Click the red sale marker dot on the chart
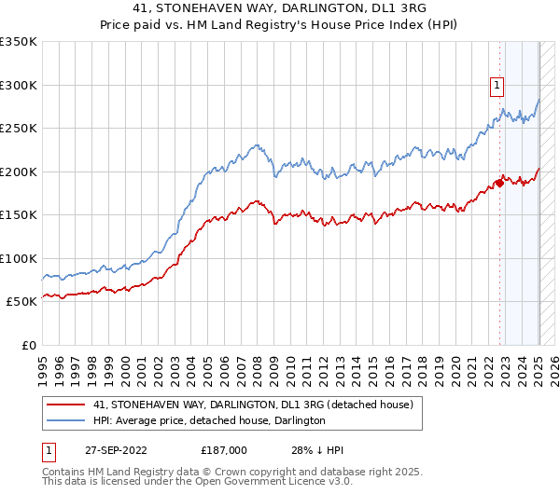coord(499,183)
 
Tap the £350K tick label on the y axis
coord(19,42)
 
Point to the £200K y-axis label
coord(19,172)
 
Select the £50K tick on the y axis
coord(22,302)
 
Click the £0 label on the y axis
coord(30,345)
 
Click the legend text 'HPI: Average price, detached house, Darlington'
coord(209,421)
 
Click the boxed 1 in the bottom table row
coord(48,450)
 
